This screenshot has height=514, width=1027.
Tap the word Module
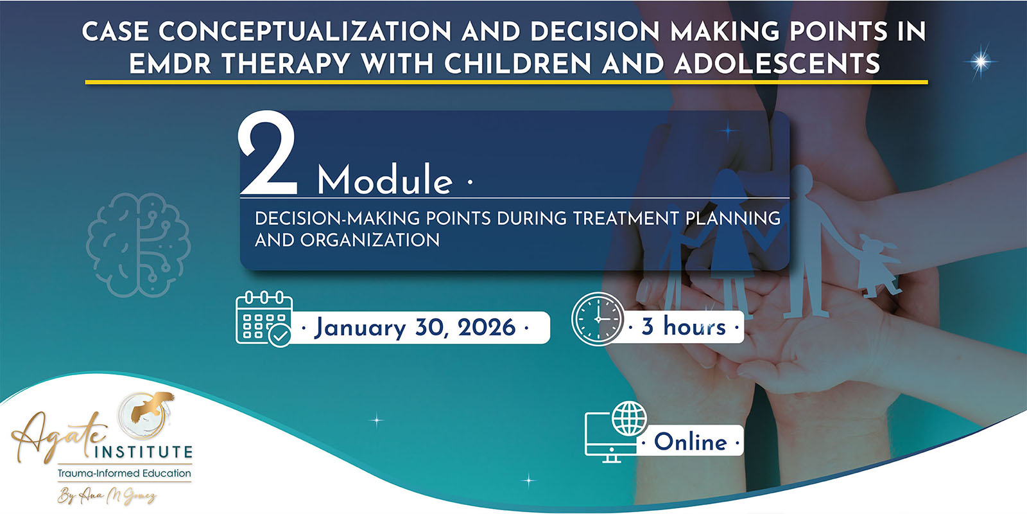coord(384,179)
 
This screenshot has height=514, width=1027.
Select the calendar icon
coord(264,319)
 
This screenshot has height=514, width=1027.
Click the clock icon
coord(598,319)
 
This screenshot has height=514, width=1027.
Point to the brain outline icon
coord(139,245)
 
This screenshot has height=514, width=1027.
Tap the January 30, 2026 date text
coord(415,328)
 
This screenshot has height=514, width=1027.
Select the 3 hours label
coord(683,326)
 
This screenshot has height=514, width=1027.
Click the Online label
coord(691,441)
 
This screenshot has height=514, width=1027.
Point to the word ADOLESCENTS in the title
coord(777,64)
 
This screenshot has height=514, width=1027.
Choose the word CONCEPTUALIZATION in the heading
coord(306,31)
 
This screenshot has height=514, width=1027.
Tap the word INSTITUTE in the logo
coord(143,452)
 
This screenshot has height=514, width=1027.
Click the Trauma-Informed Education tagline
coord(124,473)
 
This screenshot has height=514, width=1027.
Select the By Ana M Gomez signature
coord(107,495)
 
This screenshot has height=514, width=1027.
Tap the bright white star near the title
coord(981,62)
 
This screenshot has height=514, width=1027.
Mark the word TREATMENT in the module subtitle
coord(626,218)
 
